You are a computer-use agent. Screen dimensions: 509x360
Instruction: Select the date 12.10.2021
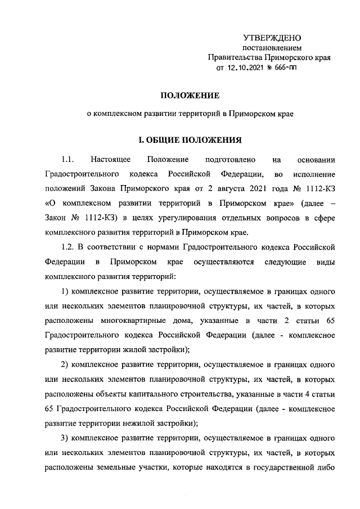250,69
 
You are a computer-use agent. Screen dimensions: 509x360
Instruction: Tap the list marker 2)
65,363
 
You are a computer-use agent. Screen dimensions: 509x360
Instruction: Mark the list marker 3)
65,436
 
